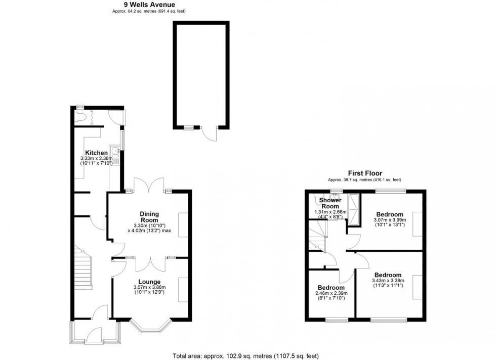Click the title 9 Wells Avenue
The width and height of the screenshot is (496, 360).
click(x=149, y=5)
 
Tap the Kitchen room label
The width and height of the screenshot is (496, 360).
click(x=96, y=153)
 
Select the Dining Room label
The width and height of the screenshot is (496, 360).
click(x=149, y=217)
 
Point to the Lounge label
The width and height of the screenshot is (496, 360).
click(x=149, y=282)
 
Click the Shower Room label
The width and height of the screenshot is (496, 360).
click(x=330, y=203)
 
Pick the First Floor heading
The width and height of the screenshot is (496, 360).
click(x=365, y=173)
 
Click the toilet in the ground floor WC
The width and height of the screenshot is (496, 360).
click(x=80, y=118)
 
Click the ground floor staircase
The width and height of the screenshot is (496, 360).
click(x=83, y=267)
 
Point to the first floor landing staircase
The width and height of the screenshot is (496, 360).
click(x=317, y=236)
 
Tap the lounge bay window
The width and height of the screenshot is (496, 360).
click(x=151, y=327)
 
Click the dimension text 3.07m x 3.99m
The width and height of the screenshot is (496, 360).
click(x=390, y=220)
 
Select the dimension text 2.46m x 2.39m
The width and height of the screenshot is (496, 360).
click(x=331, y=293)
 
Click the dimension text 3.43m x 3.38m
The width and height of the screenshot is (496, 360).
click(x=388, y=280)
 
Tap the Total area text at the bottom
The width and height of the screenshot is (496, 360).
click(x=245, y=356)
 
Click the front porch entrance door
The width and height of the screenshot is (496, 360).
click(x=96, y=335)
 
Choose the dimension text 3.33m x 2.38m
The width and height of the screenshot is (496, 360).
click(x=96, y=158)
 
